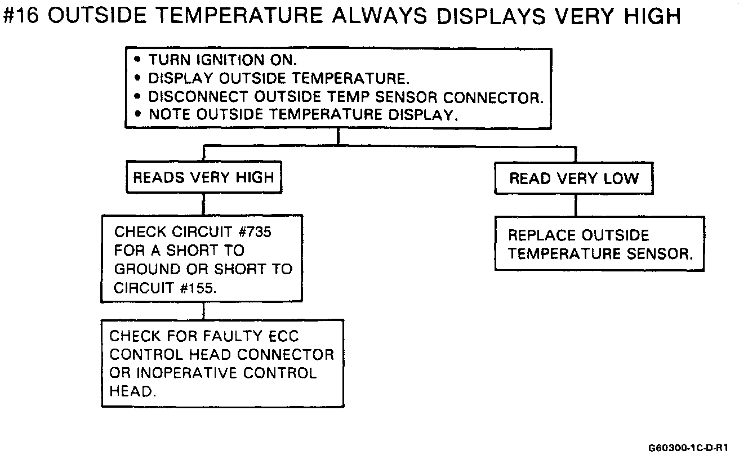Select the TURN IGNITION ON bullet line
(x=222, y=60)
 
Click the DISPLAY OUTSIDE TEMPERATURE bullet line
(x=276, y=78)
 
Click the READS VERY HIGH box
(x=203, y=179)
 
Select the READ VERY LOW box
(x=574, y=179)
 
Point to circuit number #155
(x=199, y=288)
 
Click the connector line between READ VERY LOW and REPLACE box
(x=575, y=206)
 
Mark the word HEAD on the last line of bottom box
(x=131, y=392)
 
